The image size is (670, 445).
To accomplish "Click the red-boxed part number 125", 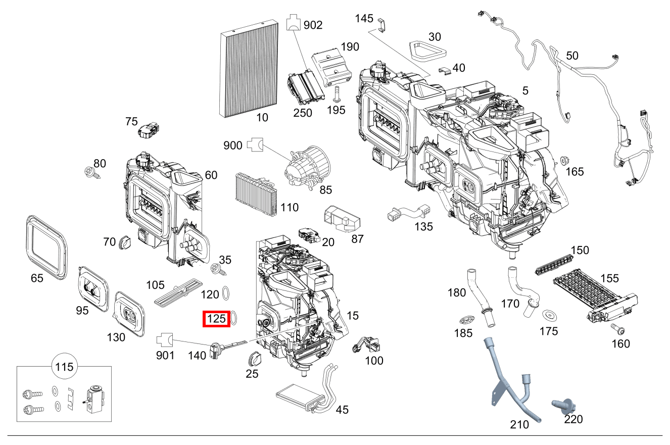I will click(x=216, y=319).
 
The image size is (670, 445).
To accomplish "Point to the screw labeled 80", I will click(x=92, y=173).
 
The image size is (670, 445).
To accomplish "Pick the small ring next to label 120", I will click(x=227, y=293).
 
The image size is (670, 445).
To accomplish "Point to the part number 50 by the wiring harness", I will click(x=572, y=56).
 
